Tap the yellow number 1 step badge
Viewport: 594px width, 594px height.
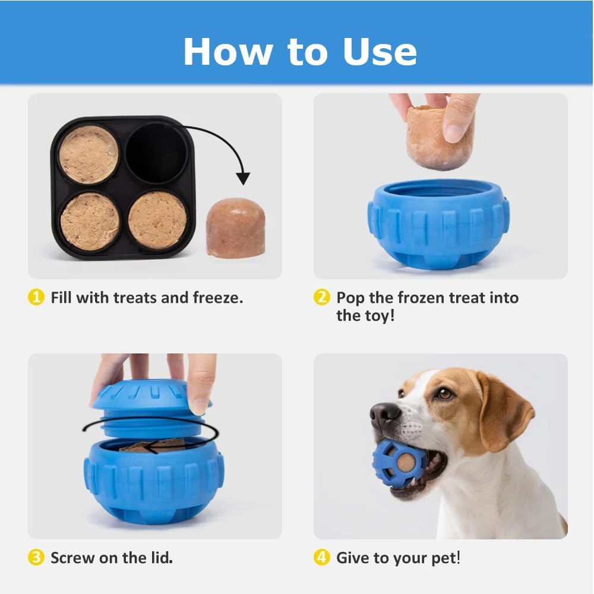(37, 298)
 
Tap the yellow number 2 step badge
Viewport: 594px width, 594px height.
(322, 298)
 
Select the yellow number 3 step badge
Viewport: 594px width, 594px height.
(37, 558)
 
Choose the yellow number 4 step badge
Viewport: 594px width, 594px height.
(322, 558)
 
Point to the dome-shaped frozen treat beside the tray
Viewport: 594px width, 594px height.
(235, 228)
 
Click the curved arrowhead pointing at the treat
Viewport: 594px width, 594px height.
(243, 178)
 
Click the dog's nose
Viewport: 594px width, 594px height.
(385, 413)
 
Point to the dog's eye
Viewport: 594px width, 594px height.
(444, 393)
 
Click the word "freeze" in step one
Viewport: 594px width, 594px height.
(217, 298)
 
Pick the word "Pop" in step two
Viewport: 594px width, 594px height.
(350, 298)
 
